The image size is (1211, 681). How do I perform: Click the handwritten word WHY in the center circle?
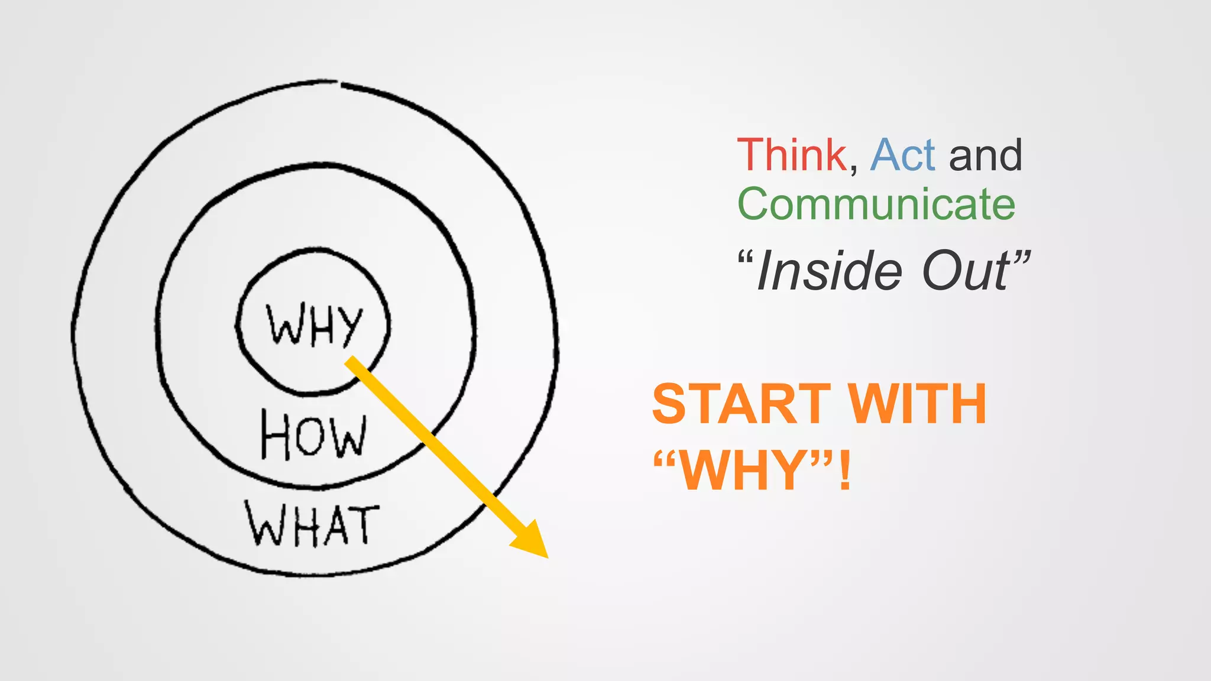pos(314,325)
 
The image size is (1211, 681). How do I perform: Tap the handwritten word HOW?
pos(314,436)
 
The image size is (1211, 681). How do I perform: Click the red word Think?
pos(792,155)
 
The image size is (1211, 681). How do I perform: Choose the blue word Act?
pos(902,155)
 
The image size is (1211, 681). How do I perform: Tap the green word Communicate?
pos(876,204)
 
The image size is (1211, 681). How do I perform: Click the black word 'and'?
pos(985,155)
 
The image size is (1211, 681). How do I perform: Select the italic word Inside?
pos(829,271)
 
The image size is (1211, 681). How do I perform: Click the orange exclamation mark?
pos(845,470)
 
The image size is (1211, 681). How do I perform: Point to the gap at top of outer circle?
pos(339,83)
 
